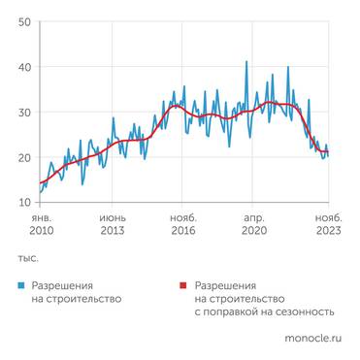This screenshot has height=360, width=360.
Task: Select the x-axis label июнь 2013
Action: click(x=113, y=225)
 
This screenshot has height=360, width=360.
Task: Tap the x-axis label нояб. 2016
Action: click(x=183, y=225)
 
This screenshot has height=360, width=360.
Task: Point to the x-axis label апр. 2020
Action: click(x=254, y=225)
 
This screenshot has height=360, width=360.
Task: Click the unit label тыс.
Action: click(x=27, y=259)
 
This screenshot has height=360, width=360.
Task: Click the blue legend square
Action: click(x=21, y=287)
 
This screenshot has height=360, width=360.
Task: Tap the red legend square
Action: click(x=184, y=287)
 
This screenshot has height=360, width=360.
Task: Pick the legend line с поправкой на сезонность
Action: click(x=264, y=312)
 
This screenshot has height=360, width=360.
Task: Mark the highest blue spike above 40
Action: click(x=246, y=62)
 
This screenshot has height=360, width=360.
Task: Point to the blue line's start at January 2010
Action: click(x=40, y=192)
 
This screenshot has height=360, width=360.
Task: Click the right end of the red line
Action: click(x=327, y=151)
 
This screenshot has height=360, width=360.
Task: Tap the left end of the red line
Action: click(x=40, y=183)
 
